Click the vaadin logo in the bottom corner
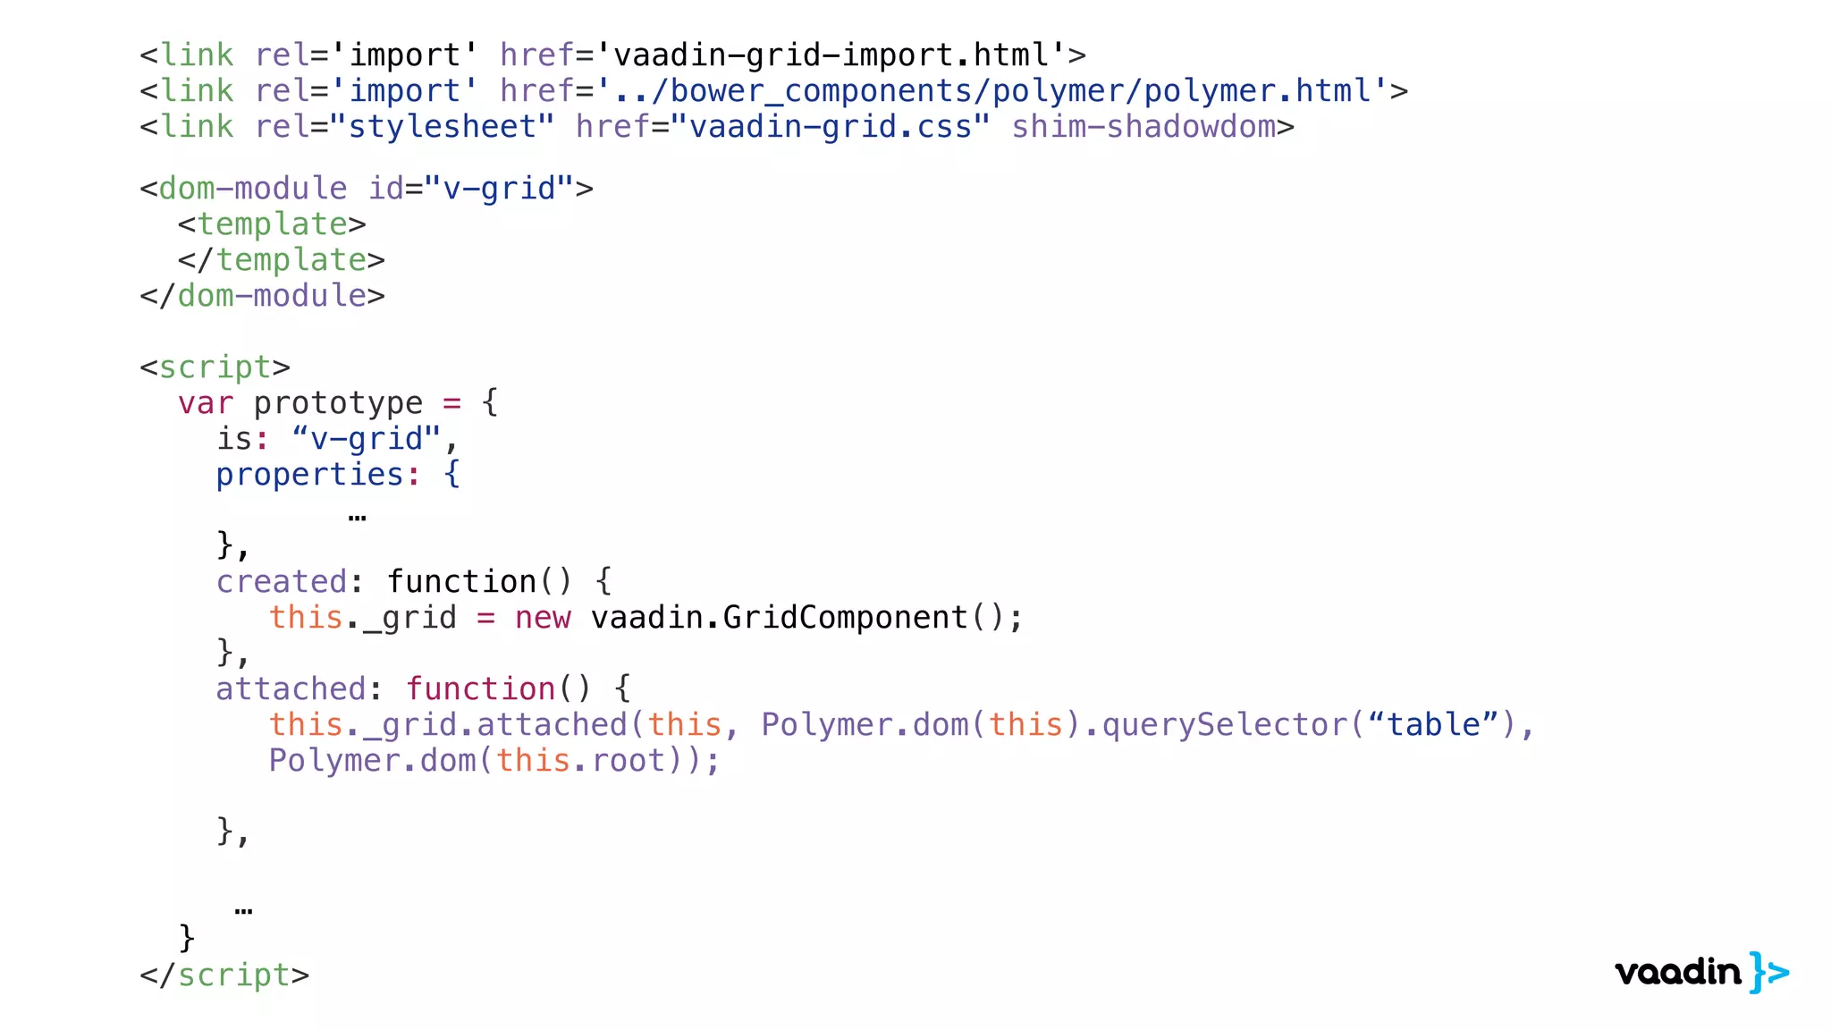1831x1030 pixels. point(1700,972)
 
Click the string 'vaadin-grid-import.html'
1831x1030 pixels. point(831,55)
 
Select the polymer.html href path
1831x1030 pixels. point(991,91)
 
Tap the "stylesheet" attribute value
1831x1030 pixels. point(442,127)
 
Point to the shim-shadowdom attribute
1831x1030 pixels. point(1143,127)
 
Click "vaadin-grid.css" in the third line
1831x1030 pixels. point(830,127)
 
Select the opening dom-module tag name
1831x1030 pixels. point(252,189)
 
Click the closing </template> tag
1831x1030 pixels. point(281,260)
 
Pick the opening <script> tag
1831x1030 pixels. point(215,367)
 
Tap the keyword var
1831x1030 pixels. point(205,403)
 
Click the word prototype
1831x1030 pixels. point(337,403)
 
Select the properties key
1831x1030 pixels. point(309,475)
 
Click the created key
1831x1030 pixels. point(281,582)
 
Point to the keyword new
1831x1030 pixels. point(542,618)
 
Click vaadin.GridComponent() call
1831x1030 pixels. point(806,618)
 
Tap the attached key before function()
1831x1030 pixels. point(291,689)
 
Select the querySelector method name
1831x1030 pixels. point(1224,725)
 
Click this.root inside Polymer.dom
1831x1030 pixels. point(581,761)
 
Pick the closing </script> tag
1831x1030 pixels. point(224,975)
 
